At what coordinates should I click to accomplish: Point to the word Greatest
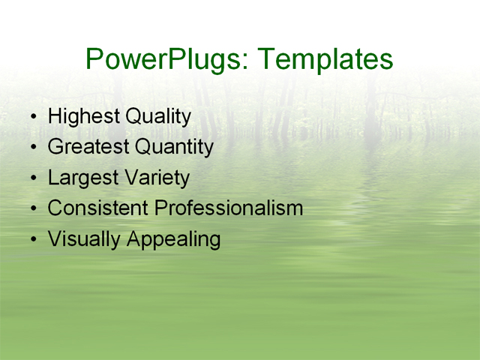(x=88, y=148)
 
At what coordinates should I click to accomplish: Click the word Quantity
(x=174, y=148)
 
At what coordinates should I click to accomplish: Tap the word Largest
(x=82, y=178)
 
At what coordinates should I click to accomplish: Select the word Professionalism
(x=229, y=208)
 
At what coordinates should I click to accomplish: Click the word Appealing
(x=173, y=240)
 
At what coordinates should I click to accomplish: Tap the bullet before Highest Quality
(x=33, y=118)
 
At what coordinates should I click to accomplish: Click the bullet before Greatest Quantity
(x=33, y=148)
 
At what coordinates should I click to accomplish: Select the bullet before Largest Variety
(x=33, y=179)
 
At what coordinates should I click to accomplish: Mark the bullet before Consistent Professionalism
(x=33, y=209)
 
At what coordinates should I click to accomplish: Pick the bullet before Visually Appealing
(x=33, y=240)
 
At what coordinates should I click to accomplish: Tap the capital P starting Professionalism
(x=160, y=208)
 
